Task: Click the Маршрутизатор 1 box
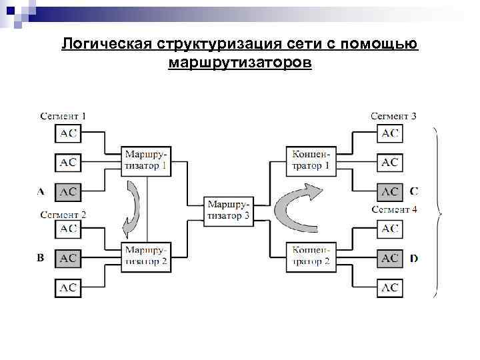click(146, 161)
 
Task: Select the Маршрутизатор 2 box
click(146, 257)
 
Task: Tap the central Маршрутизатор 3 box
click(229, 209)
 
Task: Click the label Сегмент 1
click(63, 116)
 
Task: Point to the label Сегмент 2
click(63, 215)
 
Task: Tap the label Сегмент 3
click(394, 116)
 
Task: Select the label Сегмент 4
click(394, 209)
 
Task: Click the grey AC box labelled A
click(68, 192)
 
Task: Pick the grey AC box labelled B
click(68, 257)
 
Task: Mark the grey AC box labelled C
click(390, 192)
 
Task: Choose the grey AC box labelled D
click(390, 257)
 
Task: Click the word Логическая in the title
click(107, 45)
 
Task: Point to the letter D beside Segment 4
click(414, 257)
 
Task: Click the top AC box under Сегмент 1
click(68, 133)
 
